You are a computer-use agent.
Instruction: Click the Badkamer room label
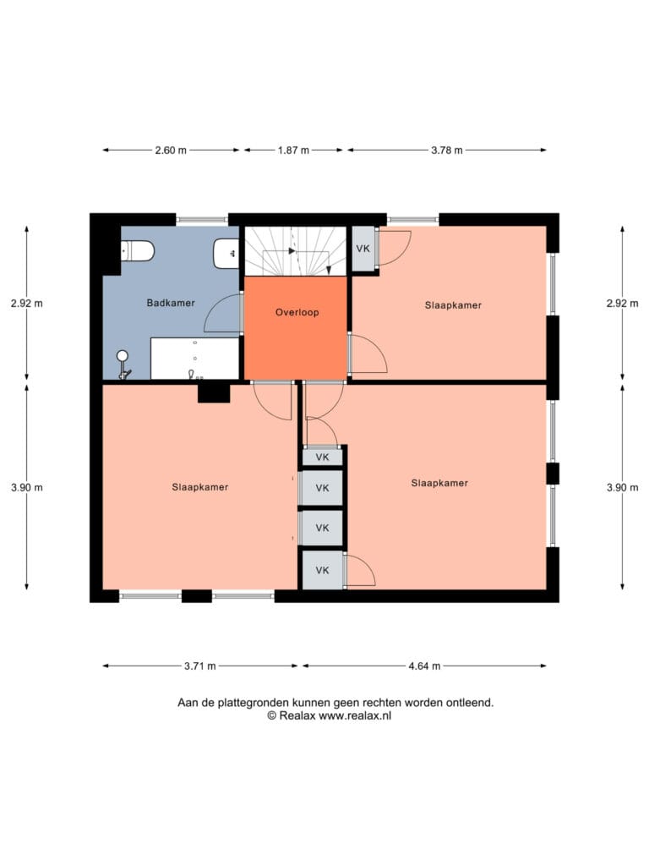[171, 303]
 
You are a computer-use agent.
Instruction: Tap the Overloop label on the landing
[297, 312]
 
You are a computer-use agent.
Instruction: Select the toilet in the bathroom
[137, 250]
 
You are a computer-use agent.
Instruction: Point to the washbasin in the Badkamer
[226, 254]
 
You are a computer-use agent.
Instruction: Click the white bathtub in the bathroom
[195, 359]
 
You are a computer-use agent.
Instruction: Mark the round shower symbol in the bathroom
[123, 356]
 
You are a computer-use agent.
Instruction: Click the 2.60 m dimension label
[171, 151]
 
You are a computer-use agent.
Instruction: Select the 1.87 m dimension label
[293, 151]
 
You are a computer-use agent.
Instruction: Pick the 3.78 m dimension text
[447, 151]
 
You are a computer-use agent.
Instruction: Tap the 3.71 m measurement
[199, 666]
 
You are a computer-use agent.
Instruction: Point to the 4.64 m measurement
[424, 666]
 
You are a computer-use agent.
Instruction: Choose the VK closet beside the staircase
[363, 249]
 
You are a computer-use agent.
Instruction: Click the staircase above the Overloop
[295, 250]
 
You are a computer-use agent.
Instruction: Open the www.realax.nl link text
[355, 715]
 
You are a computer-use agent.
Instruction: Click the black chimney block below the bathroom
[214, 393]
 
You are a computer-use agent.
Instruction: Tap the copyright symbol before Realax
[271, 715]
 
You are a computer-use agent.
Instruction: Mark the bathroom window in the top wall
[202, 220]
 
